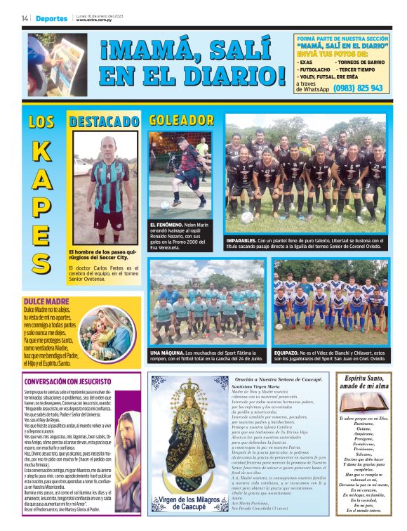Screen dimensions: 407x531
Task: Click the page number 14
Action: [x=25, y=18]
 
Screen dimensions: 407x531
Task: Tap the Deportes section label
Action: [x=52, y=18]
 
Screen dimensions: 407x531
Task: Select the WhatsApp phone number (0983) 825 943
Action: [x=359, y=88]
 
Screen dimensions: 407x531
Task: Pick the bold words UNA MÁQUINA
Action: [x=167, y=352]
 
